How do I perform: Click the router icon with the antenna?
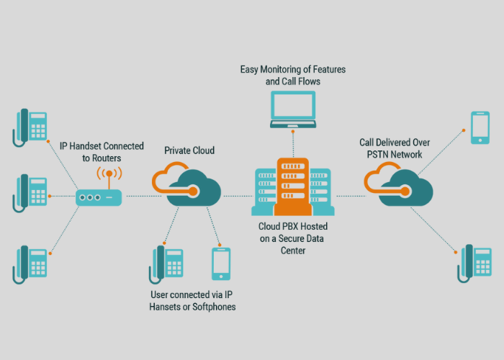(99, 196)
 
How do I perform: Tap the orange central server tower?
(292, 186)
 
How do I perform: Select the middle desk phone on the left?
(30, 193)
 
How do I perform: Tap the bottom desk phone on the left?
(30, 264)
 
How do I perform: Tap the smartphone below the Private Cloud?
(221, 264)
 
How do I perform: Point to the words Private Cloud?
(189, 150)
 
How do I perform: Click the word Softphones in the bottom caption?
(212, 307)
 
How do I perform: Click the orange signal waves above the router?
(109, 174)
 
